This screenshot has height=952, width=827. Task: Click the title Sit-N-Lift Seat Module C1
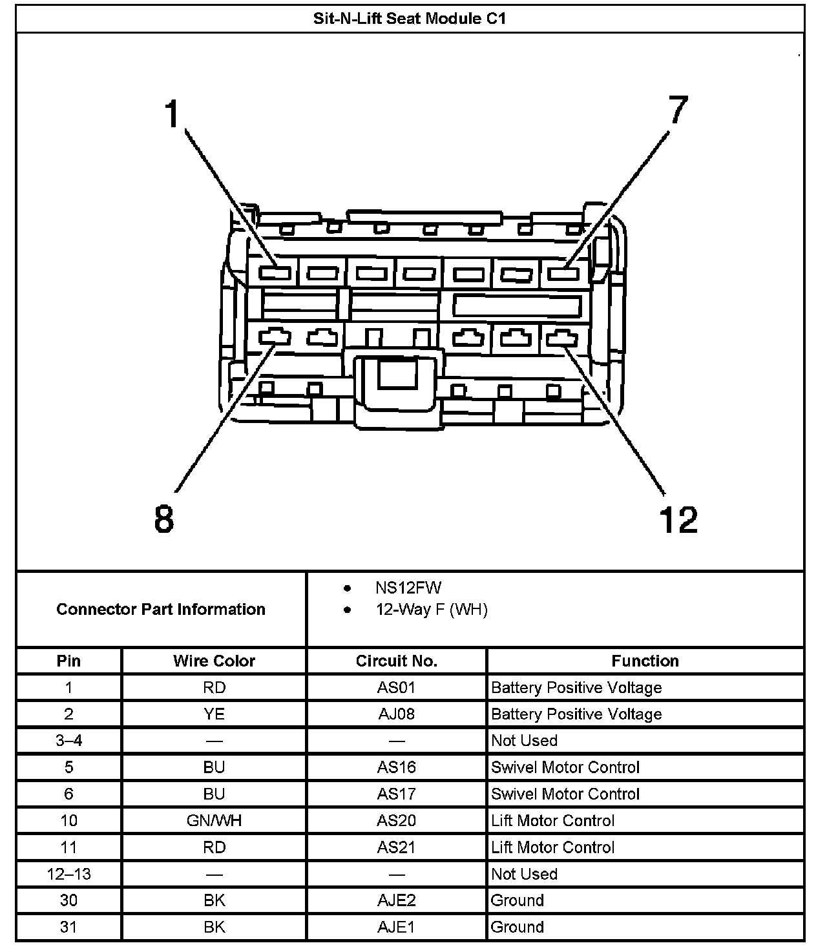409,19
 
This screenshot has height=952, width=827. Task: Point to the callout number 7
678,109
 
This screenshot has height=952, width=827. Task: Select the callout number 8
164,519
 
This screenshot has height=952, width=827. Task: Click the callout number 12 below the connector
678,519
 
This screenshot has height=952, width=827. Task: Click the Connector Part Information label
161,609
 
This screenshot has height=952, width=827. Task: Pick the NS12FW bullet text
408,588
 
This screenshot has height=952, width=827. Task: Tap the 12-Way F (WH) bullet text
432,610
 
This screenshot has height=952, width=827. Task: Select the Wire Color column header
214,661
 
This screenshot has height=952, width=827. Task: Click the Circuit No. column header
397,661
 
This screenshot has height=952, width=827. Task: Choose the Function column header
645,661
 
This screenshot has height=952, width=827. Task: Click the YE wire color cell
214,714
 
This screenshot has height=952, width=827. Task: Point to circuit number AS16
396,767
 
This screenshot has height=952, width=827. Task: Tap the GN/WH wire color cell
214,820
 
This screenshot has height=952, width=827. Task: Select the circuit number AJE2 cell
396,900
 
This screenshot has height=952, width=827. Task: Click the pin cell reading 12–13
69,874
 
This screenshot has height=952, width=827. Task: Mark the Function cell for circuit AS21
553,847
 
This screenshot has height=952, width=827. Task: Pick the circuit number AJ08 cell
396,714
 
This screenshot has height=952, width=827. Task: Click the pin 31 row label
68,927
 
